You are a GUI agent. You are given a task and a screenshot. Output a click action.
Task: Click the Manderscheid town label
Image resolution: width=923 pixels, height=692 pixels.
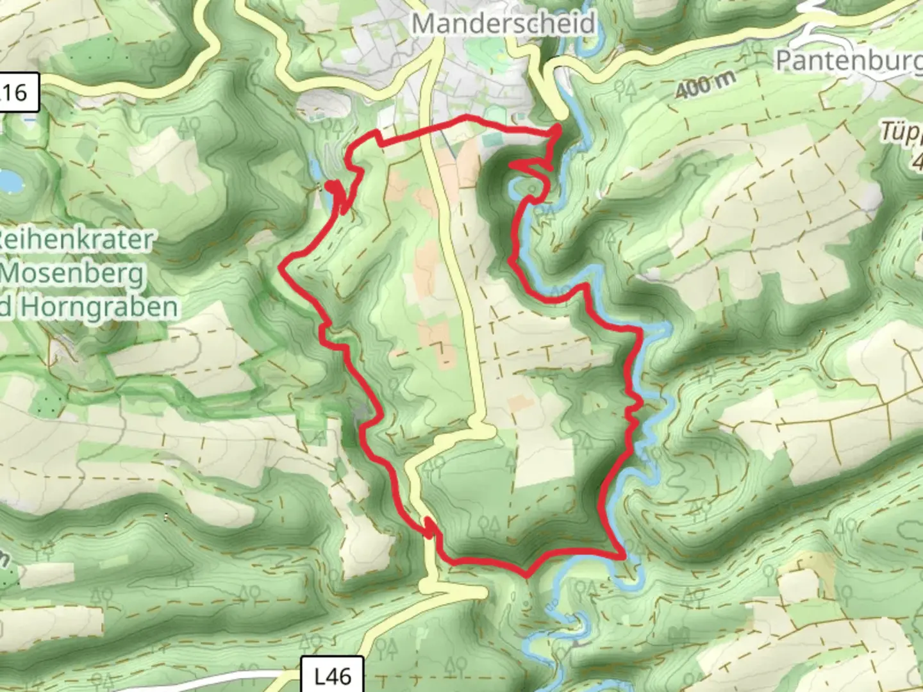(x=503, y=24)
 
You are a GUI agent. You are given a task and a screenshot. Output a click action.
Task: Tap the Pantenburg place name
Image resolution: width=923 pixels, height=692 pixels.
(x=848, y=61)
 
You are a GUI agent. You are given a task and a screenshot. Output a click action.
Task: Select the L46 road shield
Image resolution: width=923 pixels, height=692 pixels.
(x=333, y=675)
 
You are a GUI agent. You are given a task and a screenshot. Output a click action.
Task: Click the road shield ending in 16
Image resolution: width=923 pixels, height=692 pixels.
(x=17, y=93)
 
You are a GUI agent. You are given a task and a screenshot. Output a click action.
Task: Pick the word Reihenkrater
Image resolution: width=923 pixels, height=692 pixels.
(x=77, y=240)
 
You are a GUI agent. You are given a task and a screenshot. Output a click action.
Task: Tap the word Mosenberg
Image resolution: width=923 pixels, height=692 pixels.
(x=72, y=274)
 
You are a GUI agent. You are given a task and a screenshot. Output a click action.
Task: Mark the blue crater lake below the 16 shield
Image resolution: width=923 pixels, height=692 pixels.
(x=9, y=179)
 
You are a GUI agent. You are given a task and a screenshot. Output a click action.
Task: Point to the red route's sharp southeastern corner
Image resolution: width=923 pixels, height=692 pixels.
(x=622, y=557)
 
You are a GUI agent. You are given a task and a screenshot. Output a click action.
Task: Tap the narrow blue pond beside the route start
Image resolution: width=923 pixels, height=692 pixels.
(x=316, y=170)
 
